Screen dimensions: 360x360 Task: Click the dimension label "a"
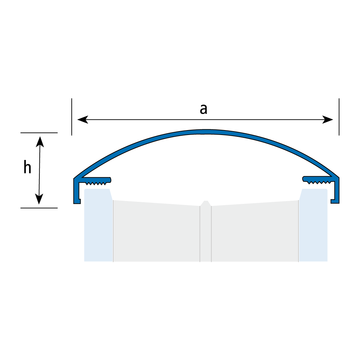[x=204, y=109]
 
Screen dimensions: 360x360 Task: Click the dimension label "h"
[x=27, y=167]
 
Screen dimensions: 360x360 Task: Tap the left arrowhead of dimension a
[x=83, y=120]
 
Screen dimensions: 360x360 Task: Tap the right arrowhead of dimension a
[x=328, y=120]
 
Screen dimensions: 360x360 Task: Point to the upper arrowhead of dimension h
[x=40, y=142]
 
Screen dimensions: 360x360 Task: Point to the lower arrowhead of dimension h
[x=39, y=199]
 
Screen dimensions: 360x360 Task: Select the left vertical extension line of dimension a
[x=72, y=117]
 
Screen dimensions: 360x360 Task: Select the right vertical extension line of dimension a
[x=339, y=117]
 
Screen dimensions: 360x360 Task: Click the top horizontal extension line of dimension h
[x=39, y=133]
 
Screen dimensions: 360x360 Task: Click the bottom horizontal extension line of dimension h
[x=39, y=208]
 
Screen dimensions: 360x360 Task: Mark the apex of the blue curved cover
[x=206, y=132]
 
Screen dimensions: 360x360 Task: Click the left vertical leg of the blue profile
[x=76, y=191]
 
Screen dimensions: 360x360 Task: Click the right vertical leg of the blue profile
[x=336, y=191]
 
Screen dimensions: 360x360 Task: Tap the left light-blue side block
[x=98, y=225]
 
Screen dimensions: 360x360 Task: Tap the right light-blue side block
[x=313, y=225]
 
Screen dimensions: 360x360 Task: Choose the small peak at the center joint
[x=206, y=203]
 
